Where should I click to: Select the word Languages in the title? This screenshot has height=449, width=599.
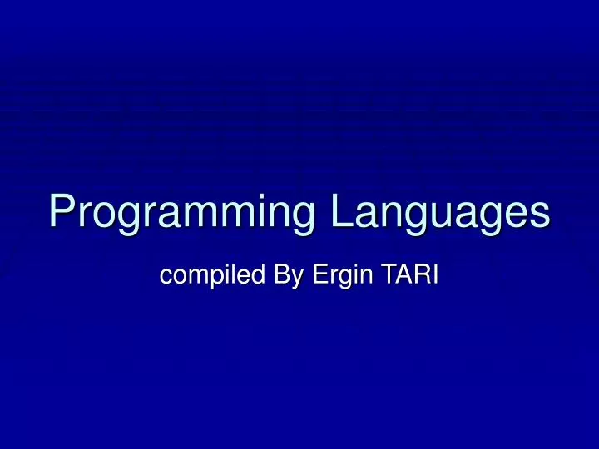[441, 211]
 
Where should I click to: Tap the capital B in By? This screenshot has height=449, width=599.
[279, 275]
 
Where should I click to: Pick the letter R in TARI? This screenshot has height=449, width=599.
[419, 275]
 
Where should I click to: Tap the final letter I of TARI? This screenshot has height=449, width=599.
[433, 275]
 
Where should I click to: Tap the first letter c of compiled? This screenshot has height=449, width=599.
[165, 278]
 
